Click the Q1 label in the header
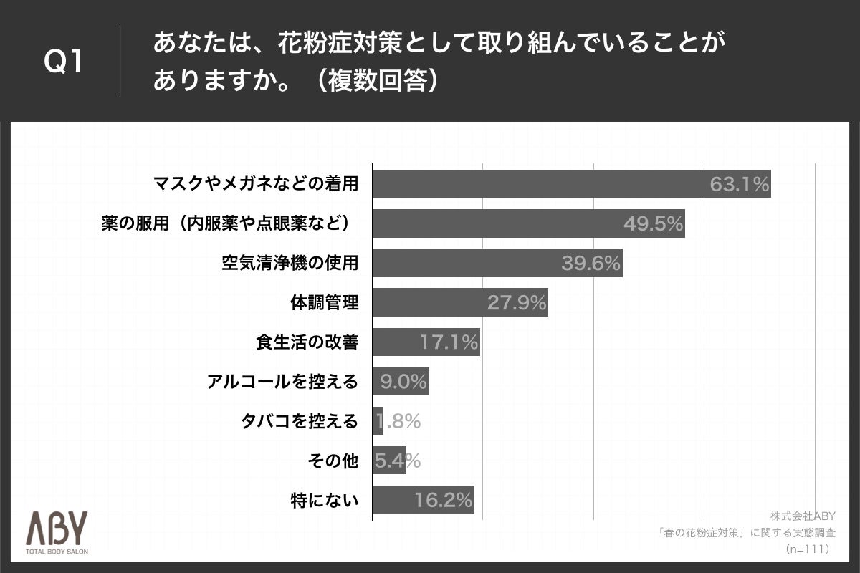64,63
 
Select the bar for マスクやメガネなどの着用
571,184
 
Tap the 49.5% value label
652,224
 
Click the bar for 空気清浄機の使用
497,264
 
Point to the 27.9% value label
517,303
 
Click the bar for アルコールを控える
401,382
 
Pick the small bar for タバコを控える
378,421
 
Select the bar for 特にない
423,499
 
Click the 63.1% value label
739,185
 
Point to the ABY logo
57,529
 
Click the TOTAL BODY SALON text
57,552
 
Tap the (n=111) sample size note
808,549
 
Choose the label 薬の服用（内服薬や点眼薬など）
229,224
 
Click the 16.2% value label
443,500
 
